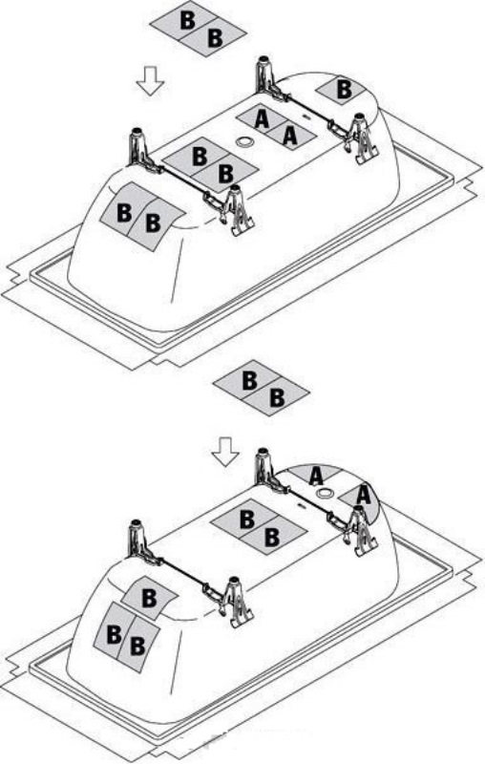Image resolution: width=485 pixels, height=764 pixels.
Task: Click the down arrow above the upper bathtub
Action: point(150,81)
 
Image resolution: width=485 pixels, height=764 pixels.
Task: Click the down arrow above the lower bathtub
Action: point(225,452)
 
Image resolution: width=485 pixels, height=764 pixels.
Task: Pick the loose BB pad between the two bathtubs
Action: point(262,388)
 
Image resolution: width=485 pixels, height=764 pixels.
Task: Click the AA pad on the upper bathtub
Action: point(276,127)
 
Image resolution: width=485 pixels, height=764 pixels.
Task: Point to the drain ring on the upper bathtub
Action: point(244,142)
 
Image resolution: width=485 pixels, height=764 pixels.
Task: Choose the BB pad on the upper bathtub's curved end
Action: point(141,217)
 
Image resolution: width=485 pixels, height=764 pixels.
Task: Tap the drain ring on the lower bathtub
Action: point(325,493)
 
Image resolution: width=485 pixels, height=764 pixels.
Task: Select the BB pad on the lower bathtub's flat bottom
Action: point(259,527)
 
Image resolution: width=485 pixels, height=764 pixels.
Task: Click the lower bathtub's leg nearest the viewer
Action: point(236,603)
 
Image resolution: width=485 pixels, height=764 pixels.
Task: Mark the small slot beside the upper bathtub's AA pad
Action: point(306,117)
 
